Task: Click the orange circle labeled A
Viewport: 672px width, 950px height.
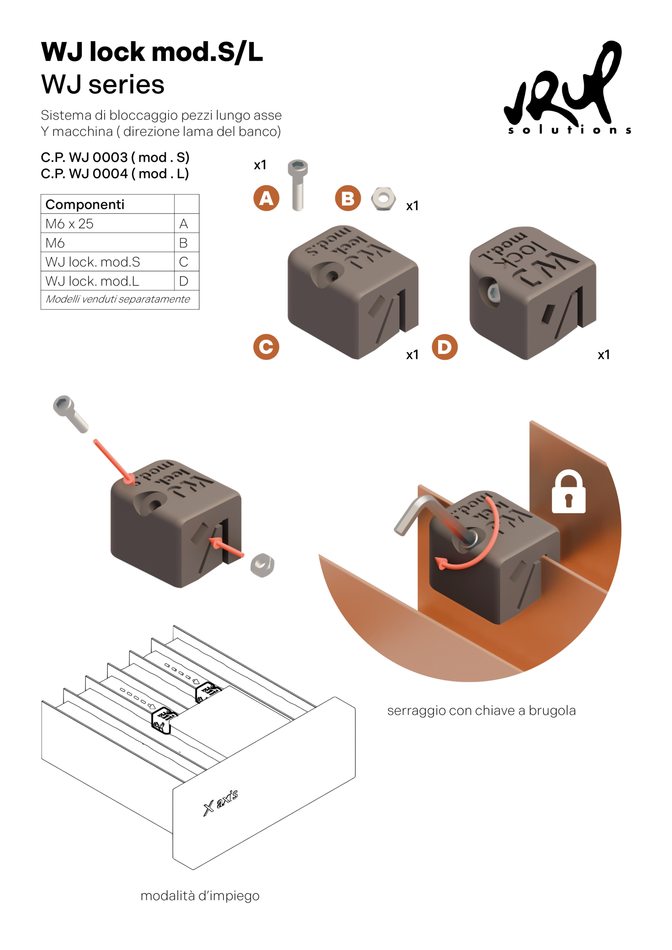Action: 266,198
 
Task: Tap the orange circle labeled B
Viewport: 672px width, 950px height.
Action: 348,198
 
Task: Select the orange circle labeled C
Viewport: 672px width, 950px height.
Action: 266,347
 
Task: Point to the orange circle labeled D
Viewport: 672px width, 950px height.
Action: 444,347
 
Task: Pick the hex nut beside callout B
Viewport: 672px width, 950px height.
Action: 384,199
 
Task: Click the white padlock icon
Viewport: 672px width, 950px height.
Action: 568,492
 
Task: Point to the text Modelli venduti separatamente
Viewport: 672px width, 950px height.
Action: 118,299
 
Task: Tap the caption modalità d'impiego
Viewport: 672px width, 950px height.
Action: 200,896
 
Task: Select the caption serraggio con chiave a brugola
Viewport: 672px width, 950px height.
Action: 481,710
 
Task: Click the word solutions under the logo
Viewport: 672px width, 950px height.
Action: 569,130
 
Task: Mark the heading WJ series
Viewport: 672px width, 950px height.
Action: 103,84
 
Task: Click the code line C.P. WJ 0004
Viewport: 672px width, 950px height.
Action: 115,174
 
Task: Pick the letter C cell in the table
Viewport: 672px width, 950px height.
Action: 184,262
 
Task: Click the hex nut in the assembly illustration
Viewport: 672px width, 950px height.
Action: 262,565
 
